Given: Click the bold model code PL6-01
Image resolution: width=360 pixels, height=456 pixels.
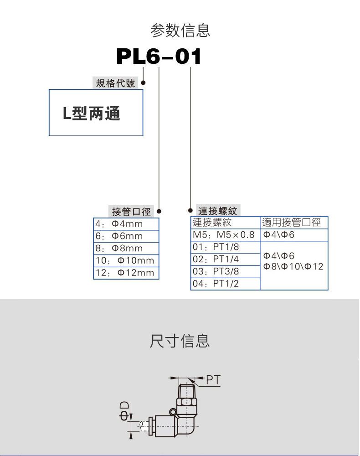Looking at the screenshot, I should [x=159, y=57].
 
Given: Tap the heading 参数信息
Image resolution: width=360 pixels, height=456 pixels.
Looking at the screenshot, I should [x=180, y=31].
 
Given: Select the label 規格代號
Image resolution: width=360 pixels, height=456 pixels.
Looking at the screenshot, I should [x=115, y=83].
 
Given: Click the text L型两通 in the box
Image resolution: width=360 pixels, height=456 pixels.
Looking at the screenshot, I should [x=92, y=113].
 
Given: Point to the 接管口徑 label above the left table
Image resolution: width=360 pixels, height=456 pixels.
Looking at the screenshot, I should [x=131, y=212].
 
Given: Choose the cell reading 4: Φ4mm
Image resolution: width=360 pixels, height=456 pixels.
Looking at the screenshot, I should [x=119, y=224].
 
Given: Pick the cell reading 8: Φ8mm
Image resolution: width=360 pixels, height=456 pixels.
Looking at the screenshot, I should [x=119, y=249].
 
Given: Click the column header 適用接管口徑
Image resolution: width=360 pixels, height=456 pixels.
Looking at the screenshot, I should [x=292, y=223].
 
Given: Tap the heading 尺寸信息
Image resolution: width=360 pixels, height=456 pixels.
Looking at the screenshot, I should [x=180, y=341].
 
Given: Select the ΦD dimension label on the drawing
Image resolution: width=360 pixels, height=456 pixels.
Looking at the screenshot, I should [x=124, y=410].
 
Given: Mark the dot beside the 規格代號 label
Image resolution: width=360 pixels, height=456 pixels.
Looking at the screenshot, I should [x=143, y=83].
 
